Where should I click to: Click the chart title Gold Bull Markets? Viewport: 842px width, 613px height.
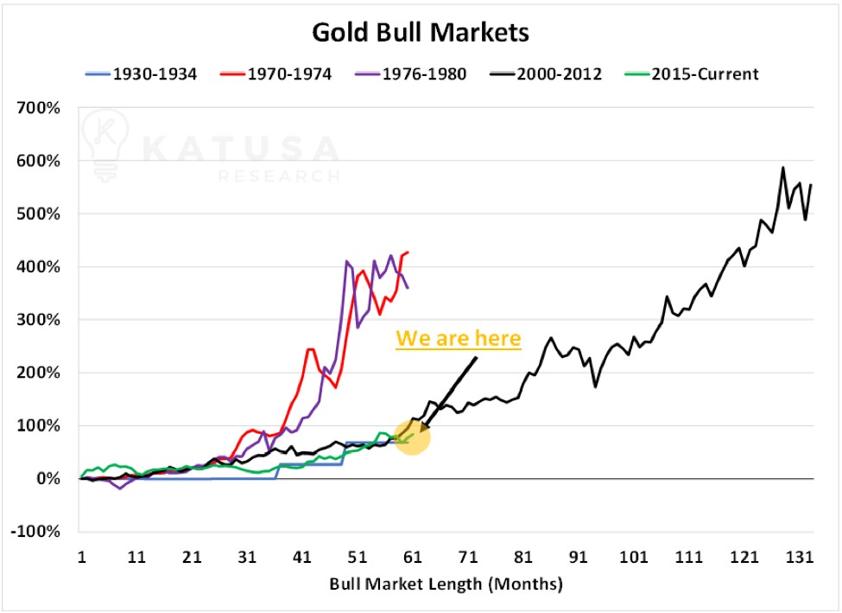(420, 33)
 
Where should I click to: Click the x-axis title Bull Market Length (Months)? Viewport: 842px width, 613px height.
(446, 584)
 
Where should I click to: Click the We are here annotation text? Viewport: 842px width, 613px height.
(459, 338)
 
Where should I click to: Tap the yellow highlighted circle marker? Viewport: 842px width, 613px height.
(412, 436)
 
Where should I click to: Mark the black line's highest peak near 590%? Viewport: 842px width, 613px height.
(782, 167)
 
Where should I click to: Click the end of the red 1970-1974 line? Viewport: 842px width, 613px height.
(408, 252)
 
